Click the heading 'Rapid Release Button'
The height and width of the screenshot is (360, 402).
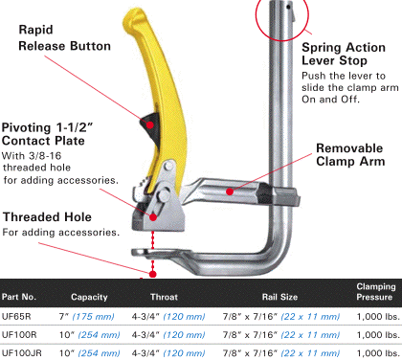64,38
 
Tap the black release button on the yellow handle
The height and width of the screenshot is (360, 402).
150,126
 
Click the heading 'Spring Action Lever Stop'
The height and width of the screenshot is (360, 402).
344,54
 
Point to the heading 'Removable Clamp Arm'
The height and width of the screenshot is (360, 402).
350,155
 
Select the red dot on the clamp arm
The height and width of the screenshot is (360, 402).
230,191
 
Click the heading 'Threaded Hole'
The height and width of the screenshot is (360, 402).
47,217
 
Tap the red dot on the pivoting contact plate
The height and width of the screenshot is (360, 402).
153,217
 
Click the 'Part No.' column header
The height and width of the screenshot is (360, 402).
19,297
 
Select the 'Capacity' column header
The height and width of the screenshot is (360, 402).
89,297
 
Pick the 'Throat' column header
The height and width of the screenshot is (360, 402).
164,297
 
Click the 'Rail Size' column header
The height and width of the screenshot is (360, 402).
279,297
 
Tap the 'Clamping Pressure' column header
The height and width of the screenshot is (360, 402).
375,292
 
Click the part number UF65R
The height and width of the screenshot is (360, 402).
16,317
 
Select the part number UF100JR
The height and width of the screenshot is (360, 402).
22,353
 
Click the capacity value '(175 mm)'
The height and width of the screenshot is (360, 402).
93,317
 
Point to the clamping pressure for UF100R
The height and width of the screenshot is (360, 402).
378,335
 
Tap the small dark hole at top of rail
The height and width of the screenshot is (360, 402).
288,7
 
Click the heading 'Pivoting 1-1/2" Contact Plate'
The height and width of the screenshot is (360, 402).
47,134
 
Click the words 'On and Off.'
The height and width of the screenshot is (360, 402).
330,100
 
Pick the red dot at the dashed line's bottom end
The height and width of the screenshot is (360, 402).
153,274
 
